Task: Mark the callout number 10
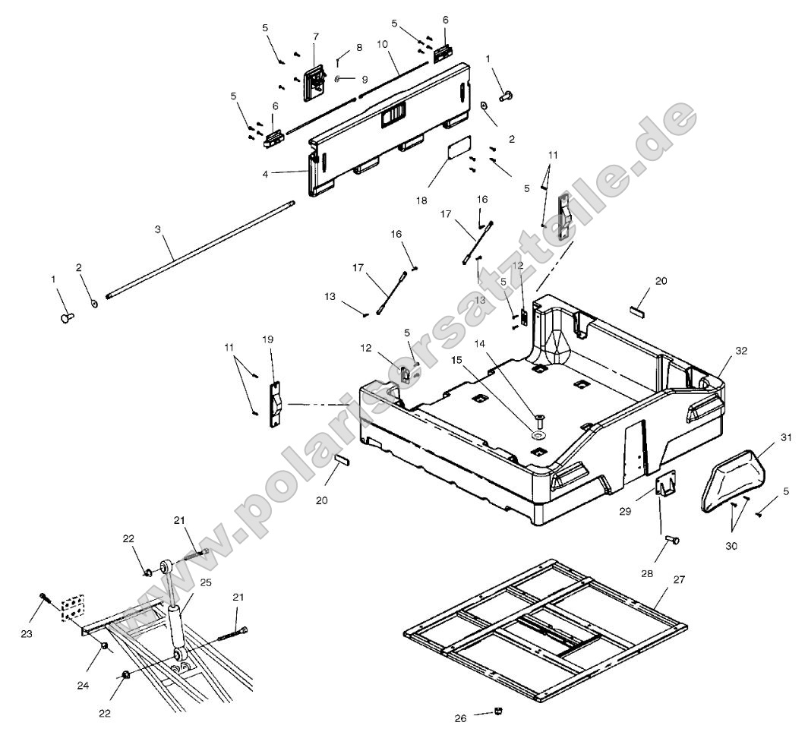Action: pos(382,45)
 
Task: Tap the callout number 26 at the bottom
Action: pos(461,718)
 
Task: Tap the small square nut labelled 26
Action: pos(497,711)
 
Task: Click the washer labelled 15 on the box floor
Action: pos(538,436)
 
